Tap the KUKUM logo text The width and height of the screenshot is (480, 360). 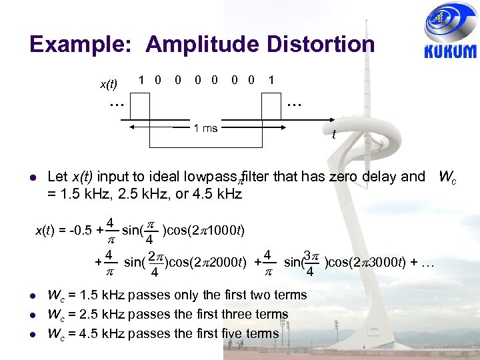tap(450, 52)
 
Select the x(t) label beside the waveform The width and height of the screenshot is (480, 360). tap(108, 84)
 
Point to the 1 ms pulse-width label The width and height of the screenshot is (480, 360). tap(205, 128)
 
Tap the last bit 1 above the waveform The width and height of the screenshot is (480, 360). tap(271, 80)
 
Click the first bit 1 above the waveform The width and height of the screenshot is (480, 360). tap(141, 80)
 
